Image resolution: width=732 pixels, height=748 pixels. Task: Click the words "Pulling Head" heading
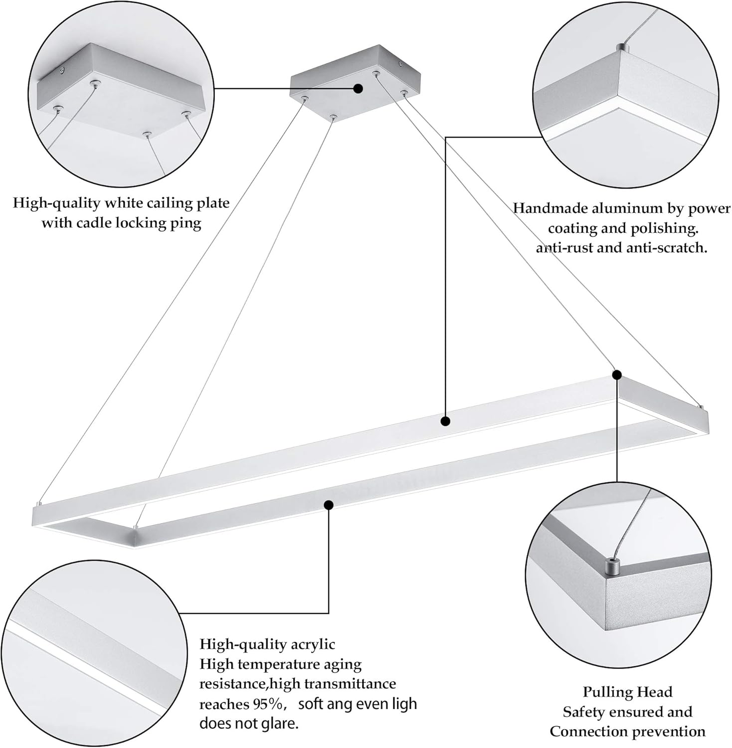pos(627,692)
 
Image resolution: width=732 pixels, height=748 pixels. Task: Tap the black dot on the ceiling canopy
pos(358,89)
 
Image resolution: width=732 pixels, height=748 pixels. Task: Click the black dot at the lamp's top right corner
pos(617,374)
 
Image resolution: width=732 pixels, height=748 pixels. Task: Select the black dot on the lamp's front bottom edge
pos(328,505)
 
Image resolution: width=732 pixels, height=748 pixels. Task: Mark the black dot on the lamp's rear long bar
pos(445,421)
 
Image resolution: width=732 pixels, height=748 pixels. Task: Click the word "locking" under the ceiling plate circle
pos(143,222)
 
